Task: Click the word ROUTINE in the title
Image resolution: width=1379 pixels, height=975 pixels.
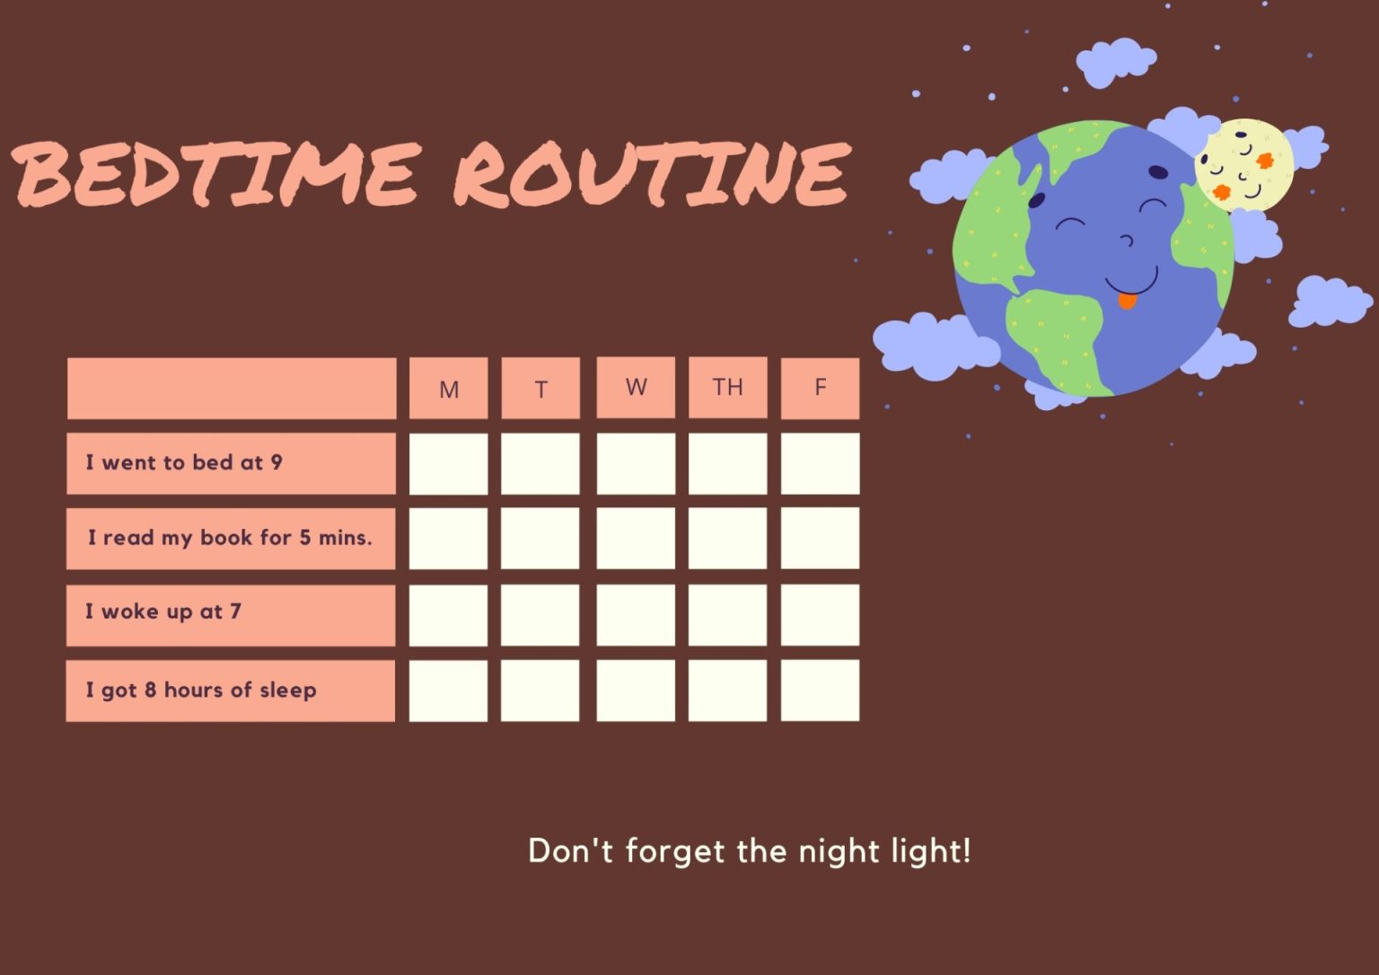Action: [652, 172]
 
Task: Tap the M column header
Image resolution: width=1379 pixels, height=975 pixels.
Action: [449, 389]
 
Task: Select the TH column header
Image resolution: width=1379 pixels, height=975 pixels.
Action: [727, 387]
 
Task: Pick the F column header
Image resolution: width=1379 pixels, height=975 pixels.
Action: [820, 387]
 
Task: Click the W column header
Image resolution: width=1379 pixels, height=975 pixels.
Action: [636, 387]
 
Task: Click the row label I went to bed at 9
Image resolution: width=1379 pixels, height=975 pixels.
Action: [184, 462]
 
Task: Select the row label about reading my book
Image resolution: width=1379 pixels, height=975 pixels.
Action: [230, 538]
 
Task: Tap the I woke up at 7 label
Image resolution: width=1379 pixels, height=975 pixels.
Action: [163, 612]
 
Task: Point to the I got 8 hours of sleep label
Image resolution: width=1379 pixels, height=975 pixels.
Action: [201, 690]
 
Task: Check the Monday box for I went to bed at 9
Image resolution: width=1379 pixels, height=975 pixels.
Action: [449, 463]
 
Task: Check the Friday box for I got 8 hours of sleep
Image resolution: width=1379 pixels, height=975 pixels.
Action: [820, 690]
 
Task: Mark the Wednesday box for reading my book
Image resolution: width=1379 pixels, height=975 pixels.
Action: [636, 539]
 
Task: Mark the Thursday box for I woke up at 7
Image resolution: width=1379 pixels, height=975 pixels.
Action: [727, 615]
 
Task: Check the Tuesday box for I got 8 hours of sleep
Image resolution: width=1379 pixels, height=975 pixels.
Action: [540, 690]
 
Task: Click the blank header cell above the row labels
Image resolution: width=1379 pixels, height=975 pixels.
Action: [232, 388]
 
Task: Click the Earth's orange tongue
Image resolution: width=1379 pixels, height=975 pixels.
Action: [1127, 301]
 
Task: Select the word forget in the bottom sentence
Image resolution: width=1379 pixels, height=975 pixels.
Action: [675, 851]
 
